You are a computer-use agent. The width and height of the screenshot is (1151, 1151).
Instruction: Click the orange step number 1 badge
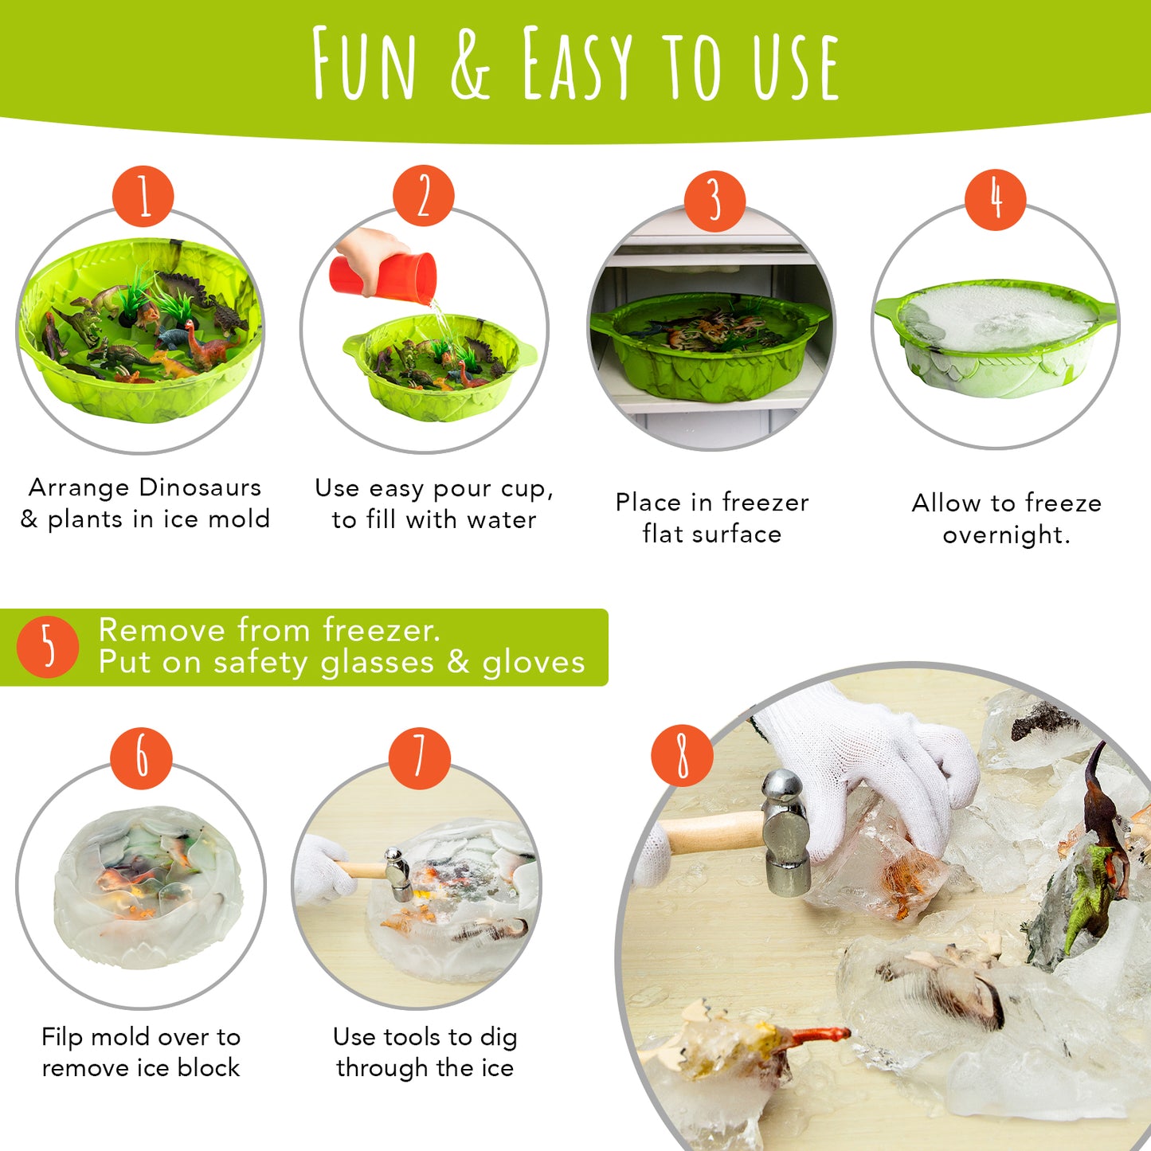coord(143,196)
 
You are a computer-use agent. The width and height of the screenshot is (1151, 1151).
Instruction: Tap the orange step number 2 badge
coord(424,196)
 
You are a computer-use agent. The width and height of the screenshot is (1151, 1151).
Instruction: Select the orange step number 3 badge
coord(714,201)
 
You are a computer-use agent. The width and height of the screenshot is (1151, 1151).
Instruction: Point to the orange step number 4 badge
coord(996,199)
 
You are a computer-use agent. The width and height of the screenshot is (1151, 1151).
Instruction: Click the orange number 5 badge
coord(48,646)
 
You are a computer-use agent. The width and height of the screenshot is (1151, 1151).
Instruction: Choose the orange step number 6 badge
coord(142,758)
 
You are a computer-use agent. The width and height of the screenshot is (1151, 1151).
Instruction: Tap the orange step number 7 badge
coord(420,758)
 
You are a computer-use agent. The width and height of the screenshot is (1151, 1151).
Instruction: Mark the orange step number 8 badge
coord(682,755)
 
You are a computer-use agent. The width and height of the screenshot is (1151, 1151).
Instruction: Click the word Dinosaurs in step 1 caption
coord(200,487)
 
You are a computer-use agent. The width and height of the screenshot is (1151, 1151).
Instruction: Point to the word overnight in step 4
coord(1005,535)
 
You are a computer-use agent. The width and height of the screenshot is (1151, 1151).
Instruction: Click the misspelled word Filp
coord(62,1037)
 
